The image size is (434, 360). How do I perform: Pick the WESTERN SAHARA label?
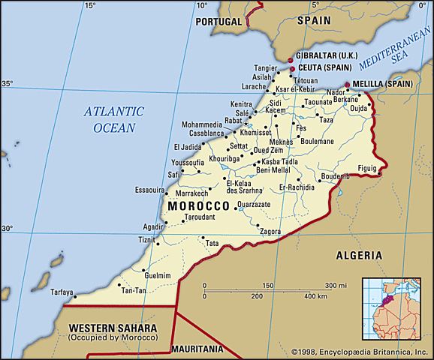tap(112, 328)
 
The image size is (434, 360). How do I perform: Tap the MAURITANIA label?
tap(197, 349)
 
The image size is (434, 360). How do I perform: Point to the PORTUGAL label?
tap(219, 22)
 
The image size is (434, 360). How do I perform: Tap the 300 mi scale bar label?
tap(330, 286)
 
